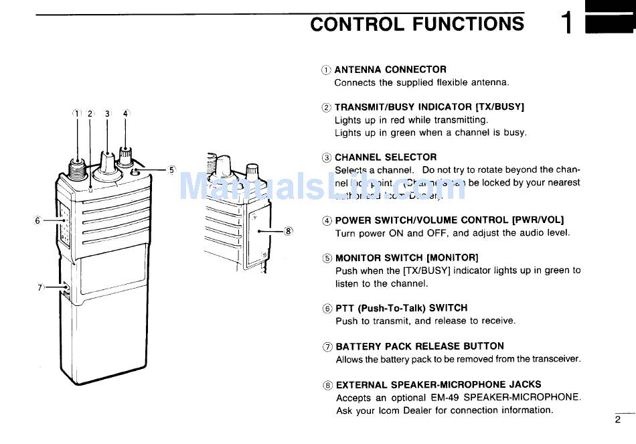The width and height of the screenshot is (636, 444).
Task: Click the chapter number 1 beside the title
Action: point(566,25)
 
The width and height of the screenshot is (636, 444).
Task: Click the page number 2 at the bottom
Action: point(617,420)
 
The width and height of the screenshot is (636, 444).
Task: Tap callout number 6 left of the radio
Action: point(38,220)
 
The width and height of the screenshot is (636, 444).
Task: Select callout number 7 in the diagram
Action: point(40,287)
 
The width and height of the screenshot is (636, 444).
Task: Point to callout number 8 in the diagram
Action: point(289,231)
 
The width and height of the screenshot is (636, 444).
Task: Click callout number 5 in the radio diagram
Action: point(171,170)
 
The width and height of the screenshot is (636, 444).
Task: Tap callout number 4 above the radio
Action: point(125,114)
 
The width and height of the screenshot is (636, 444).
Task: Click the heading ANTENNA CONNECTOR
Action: point(390,69)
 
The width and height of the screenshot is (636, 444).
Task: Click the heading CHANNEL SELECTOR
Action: point(386,157)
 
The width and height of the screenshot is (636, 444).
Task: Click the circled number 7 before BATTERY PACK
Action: point(327,347)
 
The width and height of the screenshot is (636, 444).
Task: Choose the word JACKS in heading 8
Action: point(519,385)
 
